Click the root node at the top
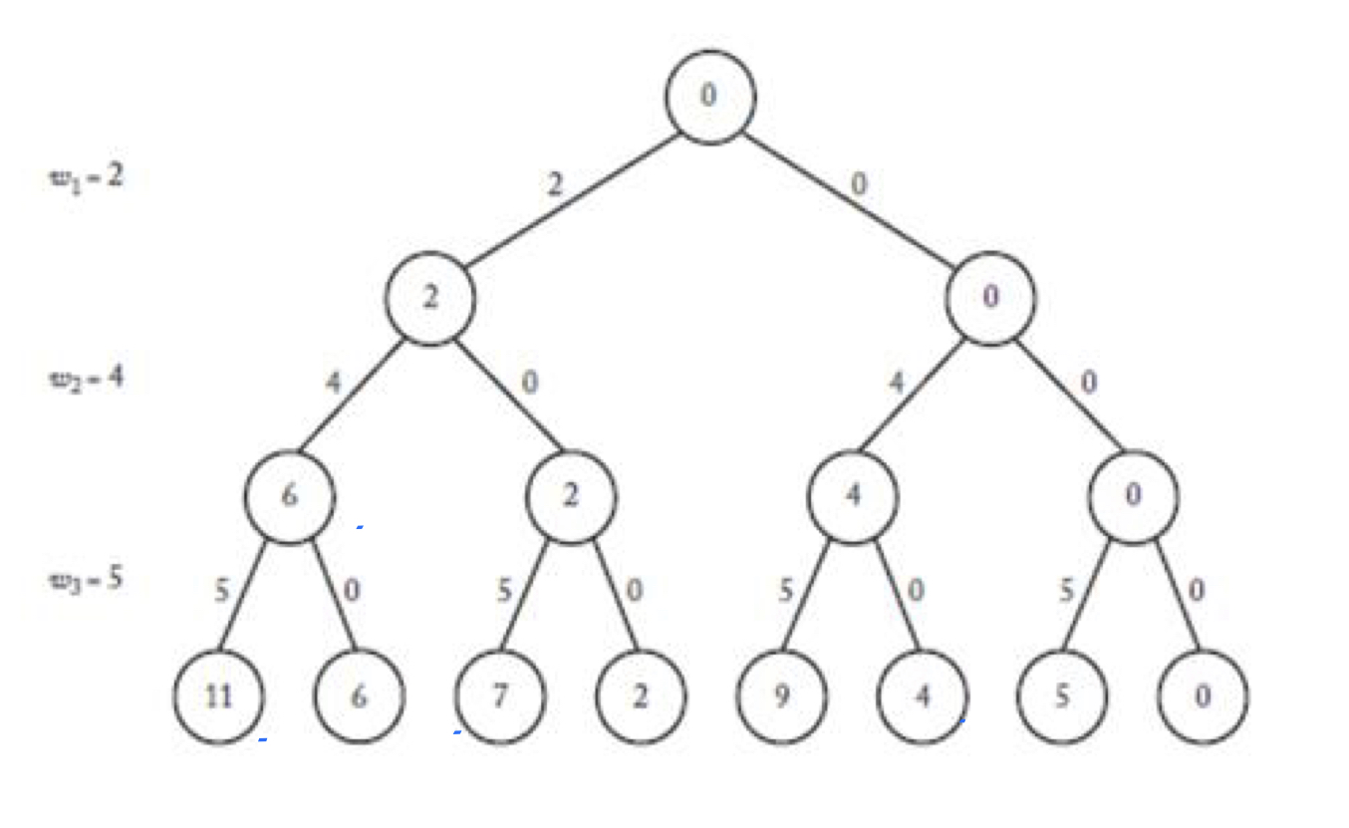[710, 97]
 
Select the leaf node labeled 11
[219, 696]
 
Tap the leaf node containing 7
[500, 696]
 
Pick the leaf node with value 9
[782, 696]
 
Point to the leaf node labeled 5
[1062, 696]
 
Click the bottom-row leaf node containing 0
[1203, 696]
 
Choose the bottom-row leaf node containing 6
[360, 696]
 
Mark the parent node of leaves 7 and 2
[571, 496]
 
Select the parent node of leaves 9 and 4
[852, 496]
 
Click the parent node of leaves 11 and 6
[290, 496]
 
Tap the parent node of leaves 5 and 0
[1133, 496]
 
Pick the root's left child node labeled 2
[430, 297]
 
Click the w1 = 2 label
[87, 180]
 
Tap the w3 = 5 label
[87, 579]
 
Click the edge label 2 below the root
[554, 185]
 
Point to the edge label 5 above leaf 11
[221, 592]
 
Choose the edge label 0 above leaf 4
[916, 592]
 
